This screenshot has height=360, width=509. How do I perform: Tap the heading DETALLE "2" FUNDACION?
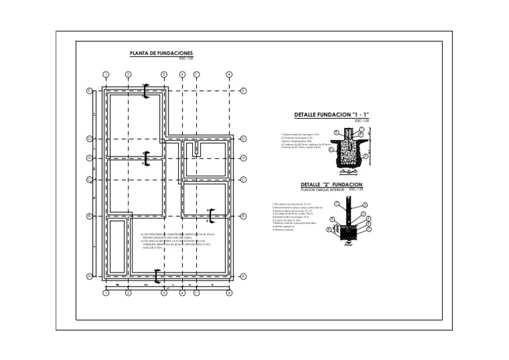331,184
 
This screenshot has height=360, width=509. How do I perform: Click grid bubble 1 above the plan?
105,74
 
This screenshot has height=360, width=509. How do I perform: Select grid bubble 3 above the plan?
164,74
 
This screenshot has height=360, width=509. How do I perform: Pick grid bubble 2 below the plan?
128,292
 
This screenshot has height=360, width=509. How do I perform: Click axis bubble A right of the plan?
244,276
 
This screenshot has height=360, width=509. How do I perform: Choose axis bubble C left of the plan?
89,179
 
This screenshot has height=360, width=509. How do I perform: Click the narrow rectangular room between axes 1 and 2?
118,246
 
